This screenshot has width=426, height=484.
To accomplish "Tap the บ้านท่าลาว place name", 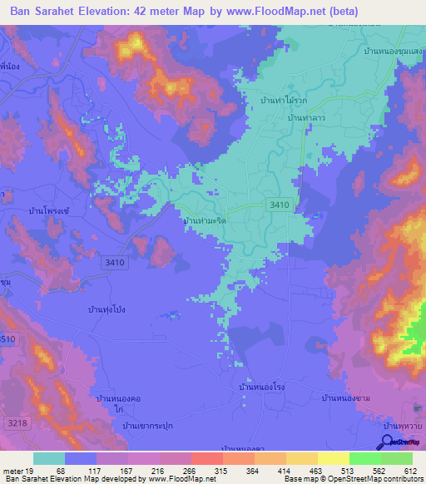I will click(x=305, y=119).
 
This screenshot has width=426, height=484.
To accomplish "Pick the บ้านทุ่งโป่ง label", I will click(x=110, y=309).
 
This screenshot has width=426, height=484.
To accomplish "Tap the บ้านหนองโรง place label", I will click(x=262, y=387).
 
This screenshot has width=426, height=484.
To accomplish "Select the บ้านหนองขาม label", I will click(x=345, y=398).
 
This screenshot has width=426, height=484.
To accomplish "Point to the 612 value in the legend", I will click(x=409, y=471).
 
